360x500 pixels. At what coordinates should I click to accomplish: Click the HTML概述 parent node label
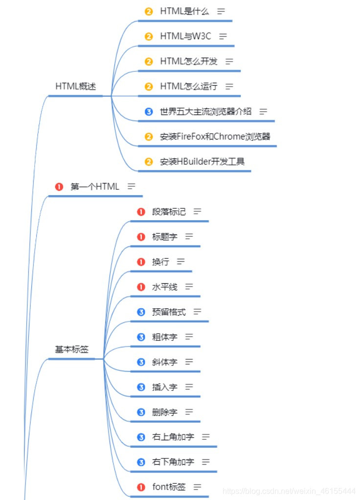coord(75,86)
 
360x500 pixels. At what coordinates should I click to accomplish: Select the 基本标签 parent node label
coord(71,349)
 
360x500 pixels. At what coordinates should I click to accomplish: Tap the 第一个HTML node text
coord(95,186)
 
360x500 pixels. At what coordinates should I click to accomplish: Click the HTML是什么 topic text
coord(184,11)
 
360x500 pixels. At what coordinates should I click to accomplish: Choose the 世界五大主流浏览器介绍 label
coord(205,112)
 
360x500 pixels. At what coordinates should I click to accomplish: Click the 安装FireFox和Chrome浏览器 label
coord(215,136)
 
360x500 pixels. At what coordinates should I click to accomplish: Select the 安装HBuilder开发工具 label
coord(202,161)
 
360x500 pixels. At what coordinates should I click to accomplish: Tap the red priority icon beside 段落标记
coord(141,212)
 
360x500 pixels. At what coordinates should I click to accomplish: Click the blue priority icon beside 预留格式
coord(141,312)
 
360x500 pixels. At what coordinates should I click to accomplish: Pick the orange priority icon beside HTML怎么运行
coord(149,87)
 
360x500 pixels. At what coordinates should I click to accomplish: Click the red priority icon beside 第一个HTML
coord(60,186)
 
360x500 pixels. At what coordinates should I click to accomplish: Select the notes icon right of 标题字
coord(189,237)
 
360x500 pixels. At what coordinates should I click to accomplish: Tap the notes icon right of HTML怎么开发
coord(229,61)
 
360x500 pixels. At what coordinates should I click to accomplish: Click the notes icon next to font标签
coord(198,487)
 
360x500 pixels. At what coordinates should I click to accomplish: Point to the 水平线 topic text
coord(165,287)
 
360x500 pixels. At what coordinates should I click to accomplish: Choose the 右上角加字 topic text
coord(173,436)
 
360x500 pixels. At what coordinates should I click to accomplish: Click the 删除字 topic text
coord(165,412)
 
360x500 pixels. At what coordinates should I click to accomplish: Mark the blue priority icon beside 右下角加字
coord(141,462)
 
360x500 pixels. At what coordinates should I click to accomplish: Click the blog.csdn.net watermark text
coord(289,490)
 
